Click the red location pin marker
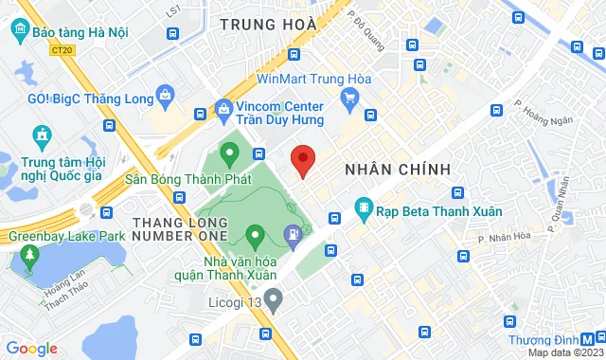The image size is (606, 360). pyautogui.click(x=303, y=160)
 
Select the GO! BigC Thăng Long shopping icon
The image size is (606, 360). pyautogui.click(x=167, y=95)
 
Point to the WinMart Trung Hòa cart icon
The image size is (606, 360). pyautogui.click(x=349, y=96)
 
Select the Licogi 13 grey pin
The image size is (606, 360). pyautogui.click(x=275, y=302)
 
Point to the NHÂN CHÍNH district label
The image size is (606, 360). pyautogui.click(x=396, y=169)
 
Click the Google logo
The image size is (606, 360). pyautogui.click(x=32, y=348)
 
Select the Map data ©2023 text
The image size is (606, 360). pyautogui.click(x=564, y=352)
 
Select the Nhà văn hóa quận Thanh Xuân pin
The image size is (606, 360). pyautogui.click(x=255, y=233)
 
